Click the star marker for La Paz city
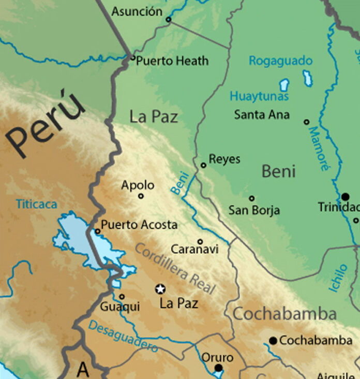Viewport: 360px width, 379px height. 160,289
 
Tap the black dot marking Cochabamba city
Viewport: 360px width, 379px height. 273,340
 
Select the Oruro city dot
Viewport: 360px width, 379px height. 218,368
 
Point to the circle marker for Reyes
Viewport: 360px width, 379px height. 203,165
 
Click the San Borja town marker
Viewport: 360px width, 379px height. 251,198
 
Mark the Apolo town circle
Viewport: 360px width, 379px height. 141,196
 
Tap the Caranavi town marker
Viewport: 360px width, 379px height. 200,241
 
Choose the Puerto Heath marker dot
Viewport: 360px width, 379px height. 133,58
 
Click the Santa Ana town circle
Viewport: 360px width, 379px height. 306,122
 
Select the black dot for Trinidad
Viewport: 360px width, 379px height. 345,196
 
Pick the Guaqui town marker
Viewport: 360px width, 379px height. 122,297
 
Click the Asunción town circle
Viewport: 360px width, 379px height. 168,20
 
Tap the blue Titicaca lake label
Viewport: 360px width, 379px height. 36,204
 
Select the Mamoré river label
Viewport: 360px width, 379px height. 319,149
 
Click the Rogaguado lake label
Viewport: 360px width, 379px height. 280,61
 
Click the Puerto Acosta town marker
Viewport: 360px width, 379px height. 97,231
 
